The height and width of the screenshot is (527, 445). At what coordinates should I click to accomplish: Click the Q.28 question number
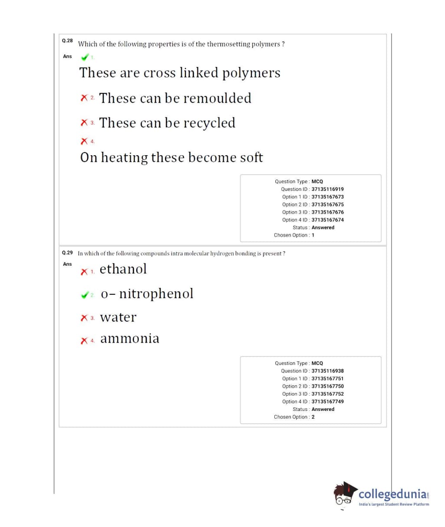tap(67, 40)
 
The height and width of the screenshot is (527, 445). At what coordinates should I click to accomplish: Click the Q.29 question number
tap(67, 253)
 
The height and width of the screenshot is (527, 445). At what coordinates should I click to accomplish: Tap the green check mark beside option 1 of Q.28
tap(85, 57)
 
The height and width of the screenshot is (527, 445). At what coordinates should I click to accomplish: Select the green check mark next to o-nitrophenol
tap(85, 295)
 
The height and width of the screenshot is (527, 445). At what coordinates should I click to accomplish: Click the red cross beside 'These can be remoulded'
tap(84, 98)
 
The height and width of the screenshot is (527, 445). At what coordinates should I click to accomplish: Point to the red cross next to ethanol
tap(84, 272)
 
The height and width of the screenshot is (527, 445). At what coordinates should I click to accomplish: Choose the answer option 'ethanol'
tap(123, 269)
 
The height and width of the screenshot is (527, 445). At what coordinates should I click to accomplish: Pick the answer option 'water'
tap(118, 317)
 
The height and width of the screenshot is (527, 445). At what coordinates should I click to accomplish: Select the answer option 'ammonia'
tap(130, 338)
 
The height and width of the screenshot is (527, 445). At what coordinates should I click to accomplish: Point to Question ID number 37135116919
tap(327, 189)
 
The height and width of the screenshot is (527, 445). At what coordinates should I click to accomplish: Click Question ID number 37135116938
tap(327, 371)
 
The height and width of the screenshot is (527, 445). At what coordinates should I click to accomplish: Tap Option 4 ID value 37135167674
tap(327, 220)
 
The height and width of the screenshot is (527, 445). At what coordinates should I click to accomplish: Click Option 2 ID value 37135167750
tap(327, 386)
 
